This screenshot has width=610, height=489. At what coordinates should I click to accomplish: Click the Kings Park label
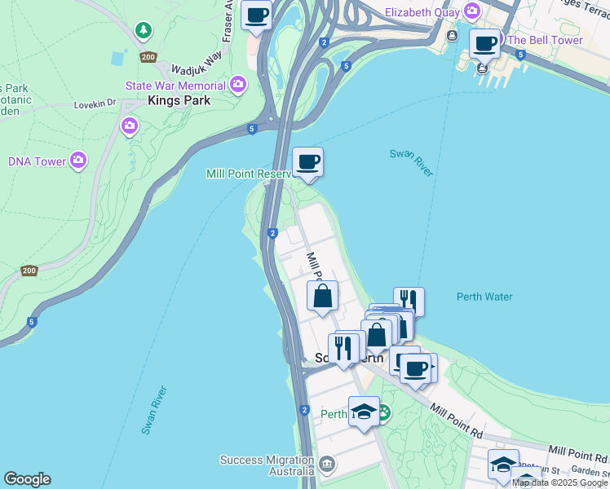(x=179, y=101)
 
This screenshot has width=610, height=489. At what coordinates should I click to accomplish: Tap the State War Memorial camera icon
(x=238, y=84)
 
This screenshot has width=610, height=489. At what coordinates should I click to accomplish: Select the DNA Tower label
(x=38, y=161)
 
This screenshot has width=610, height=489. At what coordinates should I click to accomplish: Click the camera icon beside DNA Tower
(x=78, y=160)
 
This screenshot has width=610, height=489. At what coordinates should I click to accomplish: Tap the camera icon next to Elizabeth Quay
(x=471, y=11)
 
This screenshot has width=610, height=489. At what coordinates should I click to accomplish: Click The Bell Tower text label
(x=545, y=40)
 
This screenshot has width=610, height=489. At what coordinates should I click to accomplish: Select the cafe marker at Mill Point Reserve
(x=307, y=161)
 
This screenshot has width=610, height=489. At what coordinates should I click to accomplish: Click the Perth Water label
(x=484, y=297)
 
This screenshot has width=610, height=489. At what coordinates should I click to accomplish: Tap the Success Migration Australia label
(x=267, y=465)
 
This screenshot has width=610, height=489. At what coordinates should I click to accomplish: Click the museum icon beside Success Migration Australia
(x=327, y=465)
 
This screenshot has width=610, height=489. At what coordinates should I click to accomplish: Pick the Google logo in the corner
(x=27, y=479)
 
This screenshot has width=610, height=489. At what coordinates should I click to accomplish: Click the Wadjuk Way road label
(x=197, y=59)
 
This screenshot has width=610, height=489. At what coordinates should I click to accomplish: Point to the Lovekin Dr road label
(x=96, y=104)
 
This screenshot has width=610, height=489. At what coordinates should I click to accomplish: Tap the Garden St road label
(x=591, y=470)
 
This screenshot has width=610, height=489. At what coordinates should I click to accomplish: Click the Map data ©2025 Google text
(x=559, y=482)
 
